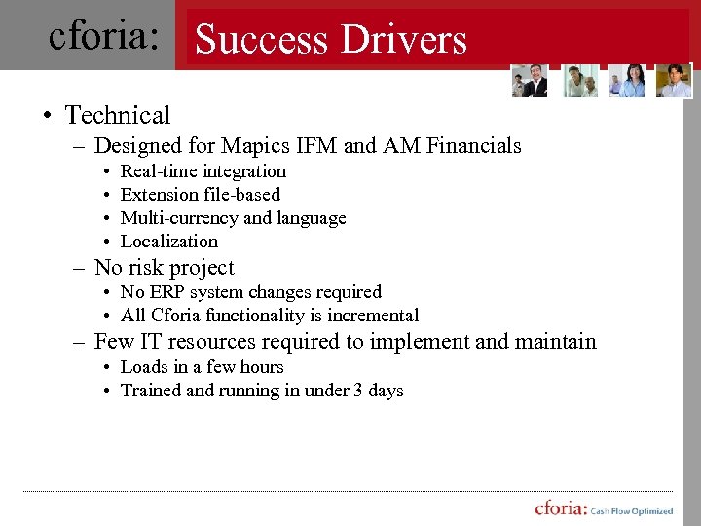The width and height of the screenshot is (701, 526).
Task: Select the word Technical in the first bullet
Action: (118, 115)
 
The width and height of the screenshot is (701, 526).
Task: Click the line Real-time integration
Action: (203, 171)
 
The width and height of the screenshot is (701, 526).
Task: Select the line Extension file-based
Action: (200, 195)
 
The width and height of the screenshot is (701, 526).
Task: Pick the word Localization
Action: (168, 242)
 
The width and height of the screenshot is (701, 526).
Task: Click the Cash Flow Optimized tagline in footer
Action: (632, 511)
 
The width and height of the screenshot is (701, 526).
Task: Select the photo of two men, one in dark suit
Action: (530, 81)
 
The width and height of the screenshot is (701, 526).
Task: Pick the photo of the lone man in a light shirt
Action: (674, 81)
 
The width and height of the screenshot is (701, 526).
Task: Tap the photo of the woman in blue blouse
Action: (627, 81)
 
